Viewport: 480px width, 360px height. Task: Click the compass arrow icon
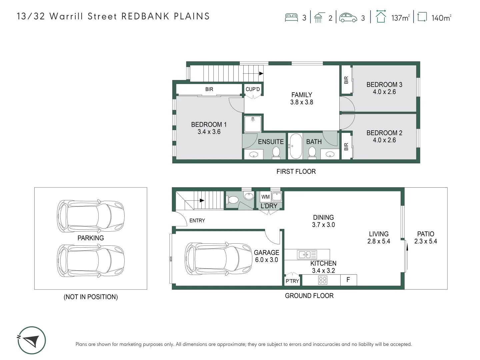(x=31, y=340)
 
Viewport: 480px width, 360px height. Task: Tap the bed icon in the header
(x=291, y=17)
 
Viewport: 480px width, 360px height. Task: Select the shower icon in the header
(x=319, y=17)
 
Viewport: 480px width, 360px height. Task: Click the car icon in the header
(x=348, y=17)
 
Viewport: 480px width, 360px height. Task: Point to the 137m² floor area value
(x=400, y=18)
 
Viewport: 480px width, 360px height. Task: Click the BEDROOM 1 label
(x=209, y=128)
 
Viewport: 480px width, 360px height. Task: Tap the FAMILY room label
(x=302, y=98)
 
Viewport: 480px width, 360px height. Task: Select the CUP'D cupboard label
(x=253, y=89)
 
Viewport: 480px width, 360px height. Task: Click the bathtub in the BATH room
(x=295, y=146)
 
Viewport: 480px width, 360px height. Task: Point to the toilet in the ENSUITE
(x=276, y=152)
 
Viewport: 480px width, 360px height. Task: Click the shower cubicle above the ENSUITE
(x=253, y=124)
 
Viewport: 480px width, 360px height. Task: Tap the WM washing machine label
(x=265, y=197)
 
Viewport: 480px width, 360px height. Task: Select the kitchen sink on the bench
(x=307, y=254)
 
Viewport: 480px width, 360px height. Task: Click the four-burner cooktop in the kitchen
(x=323, y=280)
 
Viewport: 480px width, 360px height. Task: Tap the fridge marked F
(x=349, y=280)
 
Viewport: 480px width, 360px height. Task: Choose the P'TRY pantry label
(x=292, y=281)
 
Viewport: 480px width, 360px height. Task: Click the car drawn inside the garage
(x=218, y=259)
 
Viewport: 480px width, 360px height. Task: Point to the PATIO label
(x=426, y=234)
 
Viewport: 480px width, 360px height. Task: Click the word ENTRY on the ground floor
(x=197, y=221)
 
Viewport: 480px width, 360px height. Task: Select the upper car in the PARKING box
(x=91, y=216)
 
